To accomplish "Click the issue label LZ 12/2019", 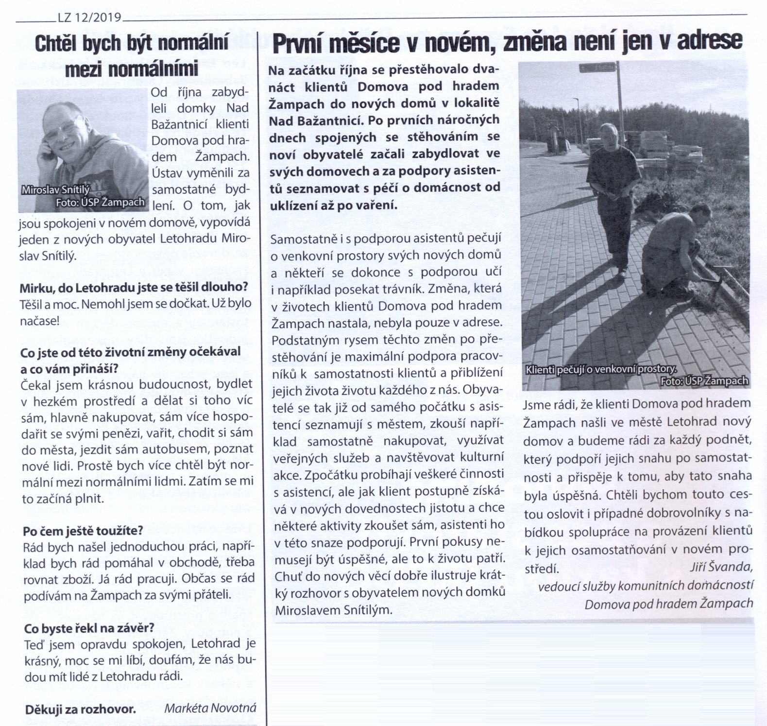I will pos(89,18).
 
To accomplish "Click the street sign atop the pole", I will pos(597,68).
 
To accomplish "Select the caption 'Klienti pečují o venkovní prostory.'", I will pos(600,369).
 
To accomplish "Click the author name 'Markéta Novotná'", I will pos(210,708).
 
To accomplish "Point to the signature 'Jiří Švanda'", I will pos(721,567).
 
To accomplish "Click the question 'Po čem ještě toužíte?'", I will pos(83,530).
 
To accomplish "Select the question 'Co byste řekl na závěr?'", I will pos(89,628).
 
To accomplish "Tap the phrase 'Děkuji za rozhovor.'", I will pos(80,709).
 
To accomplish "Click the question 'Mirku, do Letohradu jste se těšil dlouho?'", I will pos(134,287).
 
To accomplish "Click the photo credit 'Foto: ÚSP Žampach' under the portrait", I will pos(100,203).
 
